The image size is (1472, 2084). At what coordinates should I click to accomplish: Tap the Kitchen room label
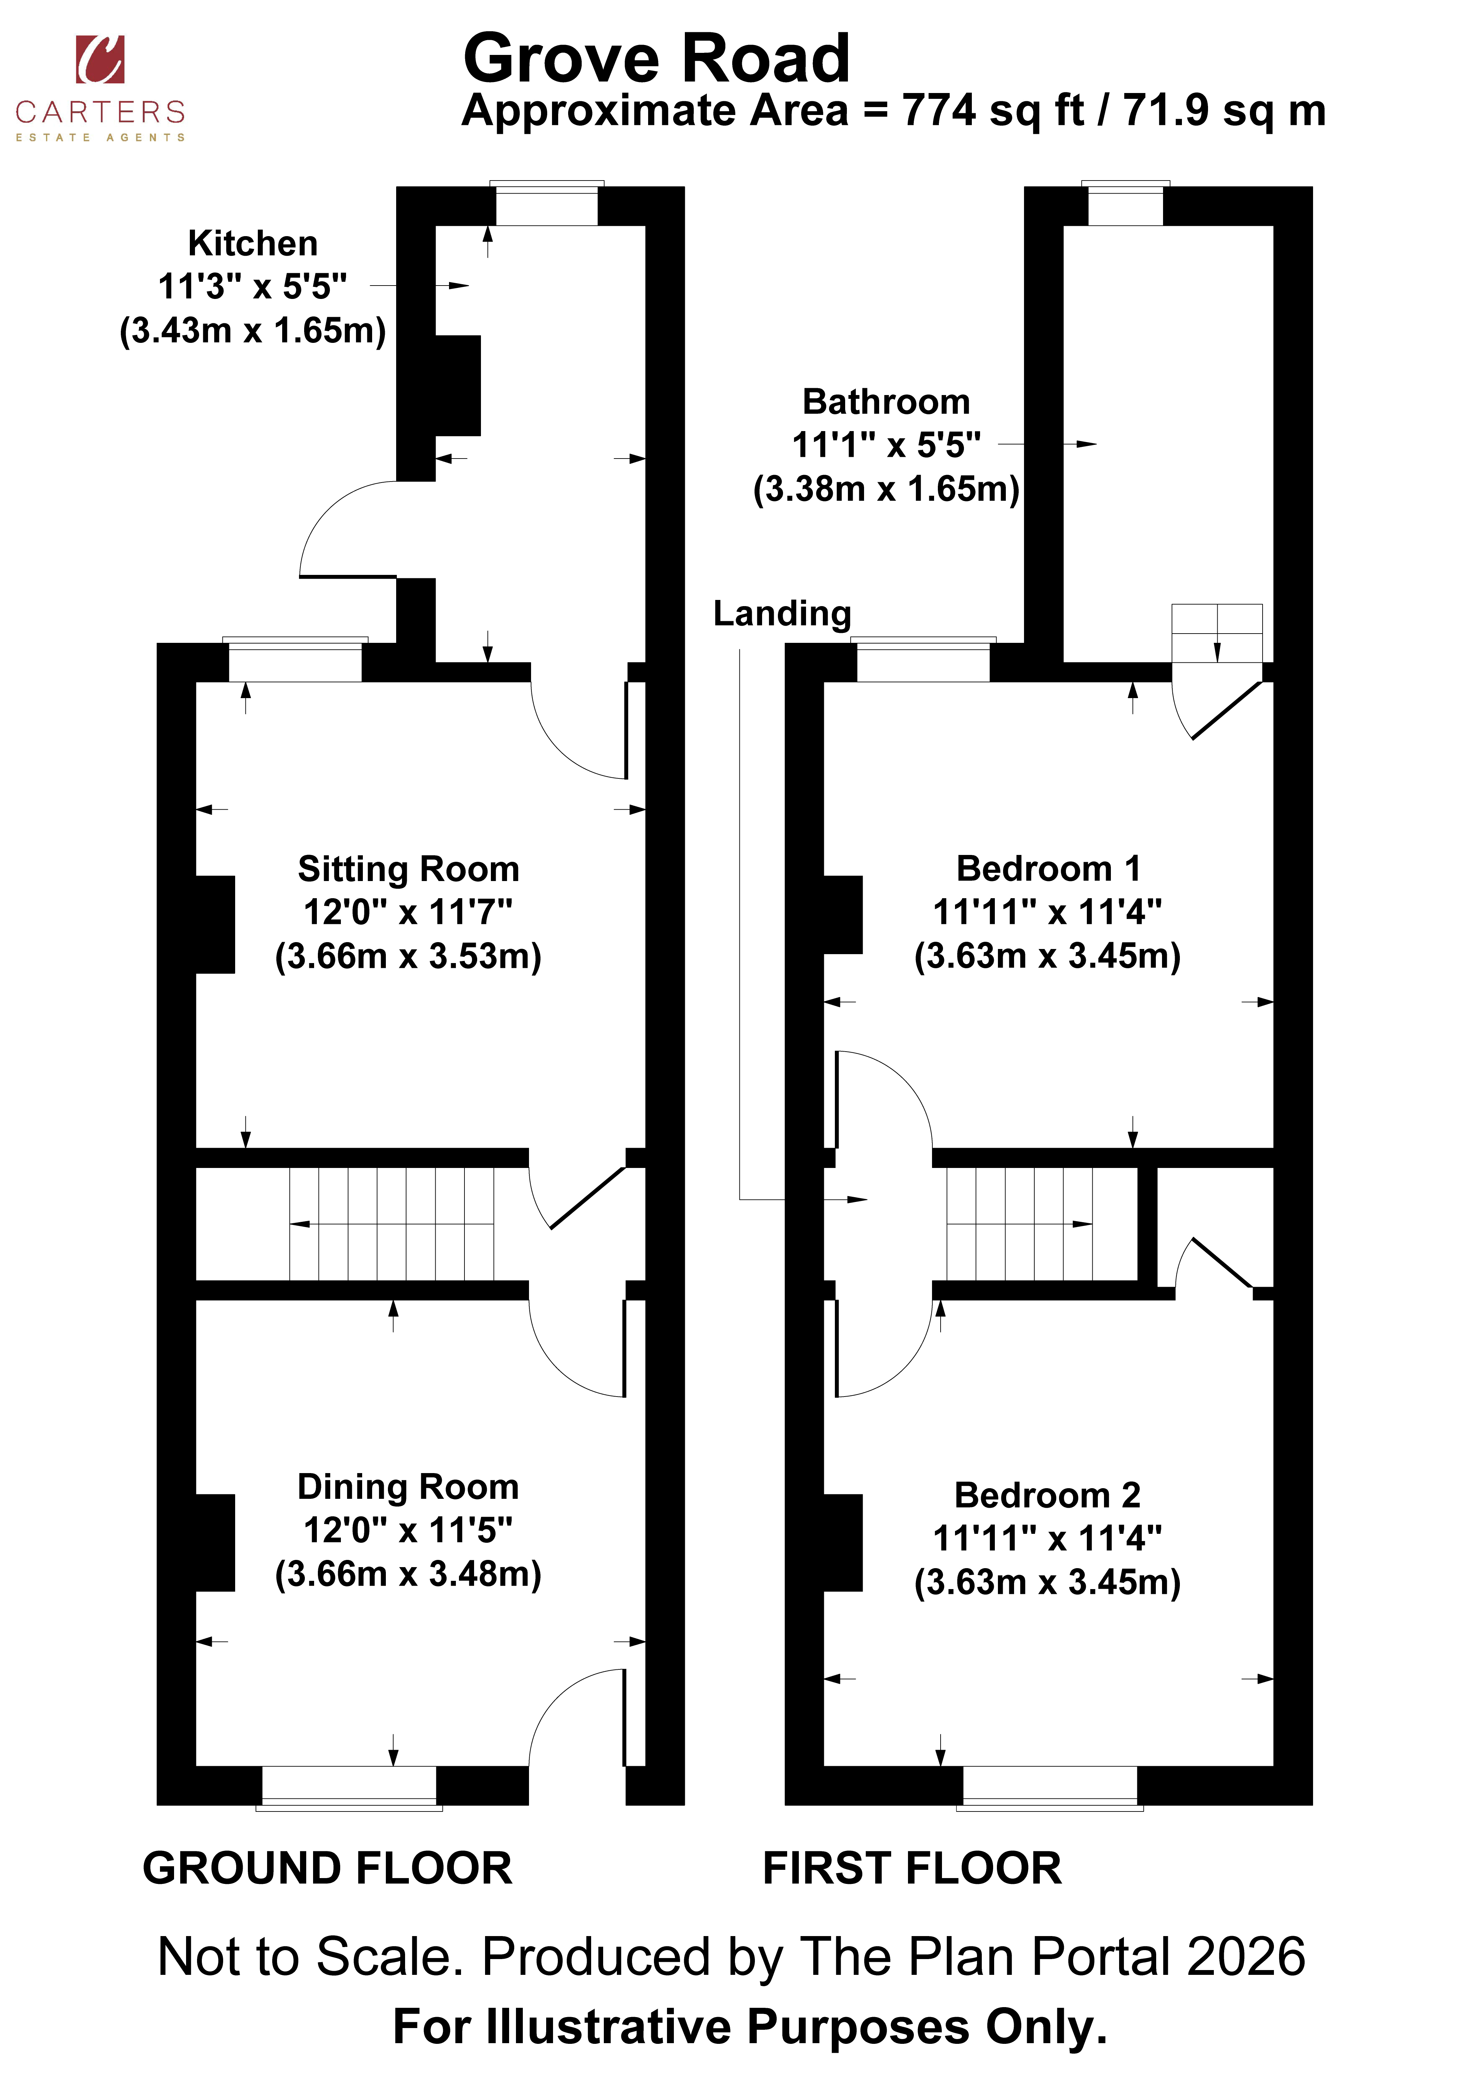[x=252, y=243]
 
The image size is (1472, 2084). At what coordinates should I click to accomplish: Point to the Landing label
[x=782, y=614]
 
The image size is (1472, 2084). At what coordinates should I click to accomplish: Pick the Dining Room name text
[x=409, y=1487]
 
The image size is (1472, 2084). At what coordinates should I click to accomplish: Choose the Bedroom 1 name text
[x=1048, y=869]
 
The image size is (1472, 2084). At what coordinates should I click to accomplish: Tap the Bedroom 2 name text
[x=1048, y=1495]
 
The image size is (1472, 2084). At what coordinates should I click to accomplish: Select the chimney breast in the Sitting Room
[x=215, y=924]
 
